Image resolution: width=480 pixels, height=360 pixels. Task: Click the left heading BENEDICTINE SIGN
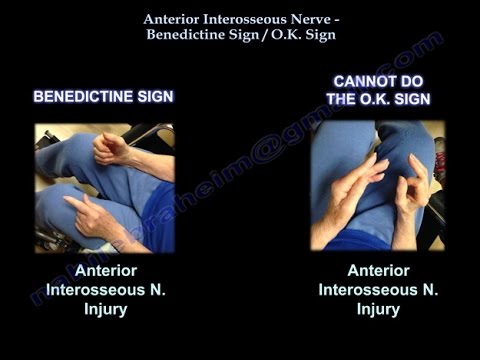pos(103,97)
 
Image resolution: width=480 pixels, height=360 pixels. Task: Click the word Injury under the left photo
pos(104,308)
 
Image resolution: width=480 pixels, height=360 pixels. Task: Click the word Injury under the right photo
pos(378,308)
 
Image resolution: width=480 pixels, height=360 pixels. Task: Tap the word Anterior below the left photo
pos(104,270)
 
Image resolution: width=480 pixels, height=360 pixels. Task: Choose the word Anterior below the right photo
pos(378,270)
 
